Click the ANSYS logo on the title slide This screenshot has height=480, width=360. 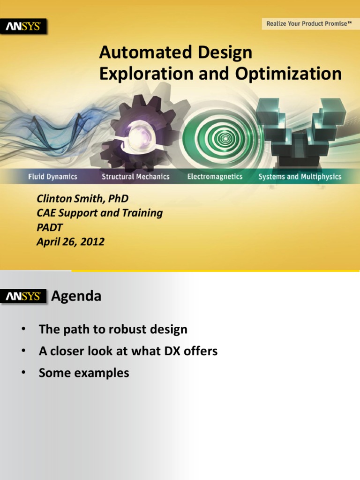click(26, 27)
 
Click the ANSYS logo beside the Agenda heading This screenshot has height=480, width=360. click(26, 297)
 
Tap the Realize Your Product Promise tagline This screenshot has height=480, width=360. click(309, 23)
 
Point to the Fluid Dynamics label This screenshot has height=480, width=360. click(52, 177)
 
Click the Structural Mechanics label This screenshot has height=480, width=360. click(135, 177)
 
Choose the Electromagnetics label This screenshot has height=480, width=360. click(215, 177)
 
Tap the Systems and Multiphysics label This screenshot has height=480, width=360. click(300, 177)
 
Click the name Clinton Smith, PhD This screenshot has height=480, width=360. click(82, 199)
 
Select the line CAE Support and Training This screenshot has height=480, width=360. click(99, 213)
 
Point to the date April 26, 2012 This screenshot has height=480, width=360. click(70, 242)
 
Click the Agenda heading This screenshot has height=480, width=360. click(76, 297)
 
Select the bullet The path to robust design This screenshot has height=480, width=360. click(113, 329)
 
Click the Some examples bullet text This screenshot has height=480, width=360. click(84, 373)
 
